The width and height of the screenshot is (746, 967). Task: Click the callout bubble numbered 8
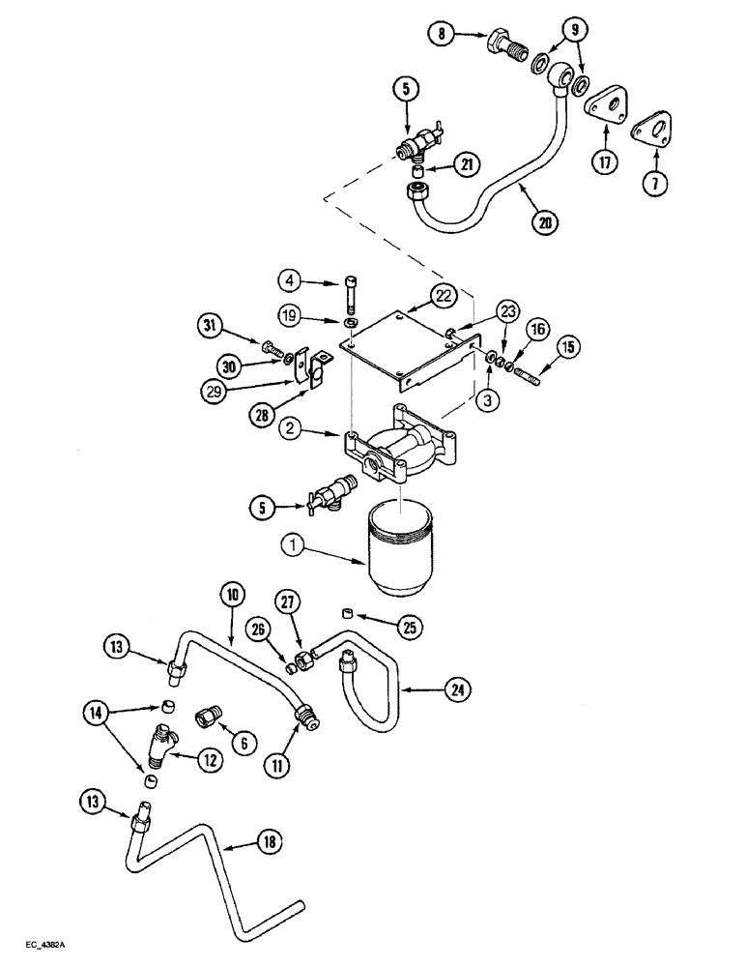(x=441, y=36)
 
